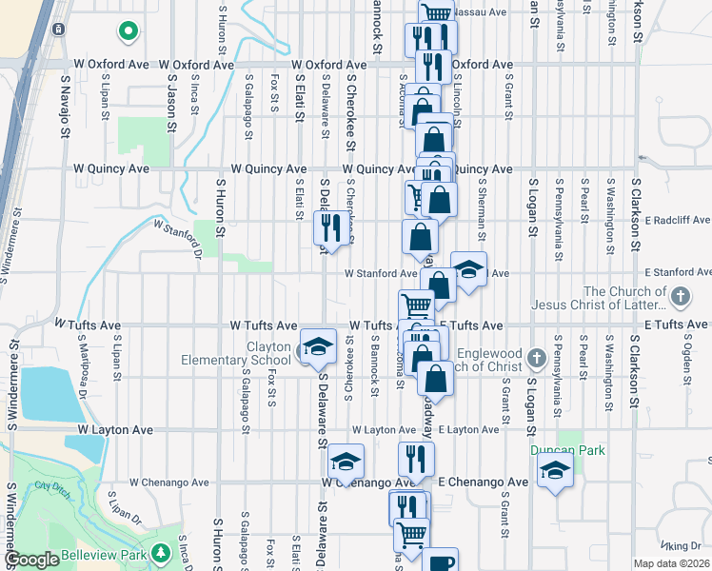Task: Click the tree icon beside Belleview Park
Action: (x=161, y=552)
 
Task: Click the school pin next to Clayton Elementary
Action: (x=318, y=346)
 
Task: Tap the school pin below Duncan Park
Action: (x=555, y=470)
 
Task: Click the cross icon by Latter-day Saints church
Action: (x=680, y=297)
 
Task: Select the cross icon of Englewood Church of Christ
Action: (x=537, y=360)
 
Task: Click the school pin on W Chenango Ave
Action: (x=346, y=462)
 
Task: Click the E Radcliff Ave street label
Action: (x=676, y=220)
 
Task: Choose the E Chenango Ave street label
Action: (x=483, y=482)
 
